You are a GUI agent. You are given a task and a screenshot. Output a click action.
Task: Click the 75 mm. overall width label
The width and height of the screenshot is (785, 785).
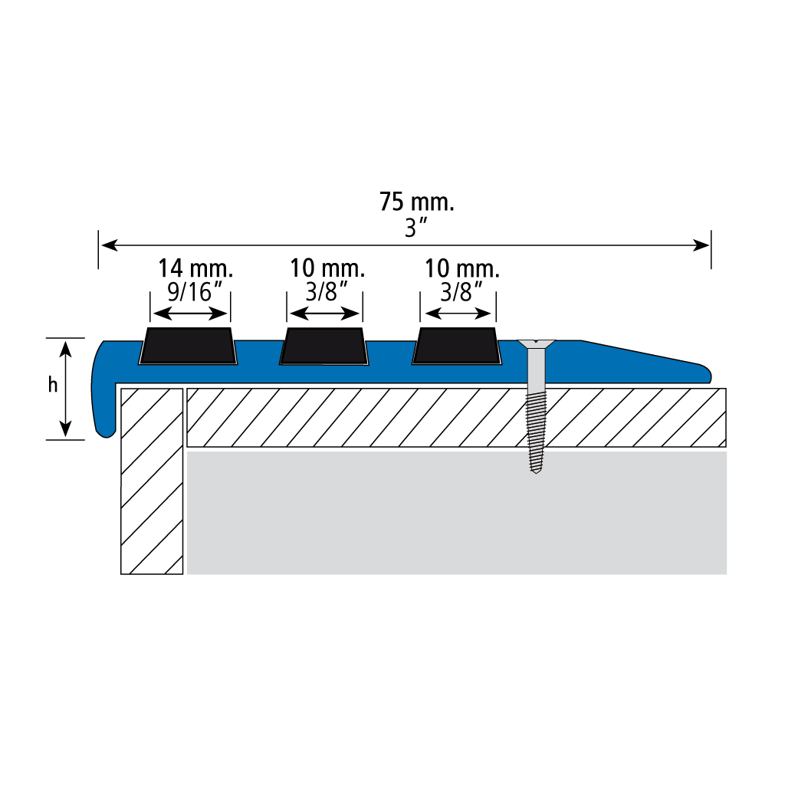coord(418,204)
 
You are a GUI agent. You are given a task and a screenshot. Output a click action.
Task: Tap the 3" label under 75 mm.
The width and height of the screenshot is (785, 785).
coord(417,228)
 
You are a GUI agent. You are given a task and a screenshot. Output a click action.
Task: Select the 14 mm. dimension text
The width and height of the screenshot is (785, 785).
coord(195,270)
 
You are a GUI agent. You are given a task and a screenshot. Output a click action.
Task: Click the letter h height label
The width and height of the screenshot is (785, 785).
coord(53,387)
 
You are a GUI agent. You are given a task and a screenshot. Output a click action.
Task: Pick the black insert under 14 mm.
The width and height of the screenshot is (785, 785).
coord(188,347)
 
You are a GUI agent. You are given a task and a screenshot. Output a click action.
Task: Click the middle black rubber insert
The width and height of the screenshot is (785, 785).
coord(324,347)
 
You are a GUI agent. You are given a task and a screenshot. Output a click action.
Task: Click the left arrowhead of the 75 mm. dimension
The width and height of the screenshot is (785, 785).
coord(104,245)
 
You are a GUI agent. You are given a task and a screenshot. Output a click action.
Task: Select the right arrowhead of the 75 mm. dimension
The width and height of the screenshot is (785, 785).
coord(706,245)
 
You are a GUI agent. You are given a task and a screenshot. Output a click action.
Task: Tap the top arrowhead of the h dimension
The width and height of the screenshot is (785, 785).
coord(67,344)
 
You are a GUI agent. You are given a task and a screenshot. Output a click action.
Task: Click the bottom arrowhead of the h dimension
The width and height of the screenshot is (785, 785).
coord(67,434)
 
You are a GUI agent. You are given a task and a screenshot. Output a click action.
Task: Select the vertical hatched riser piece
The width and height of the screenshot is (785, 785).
coord(153,481)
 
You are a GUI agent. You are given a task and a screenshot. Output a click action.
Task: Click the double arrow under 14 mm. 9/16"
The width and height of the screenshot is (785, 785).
coord(192,313)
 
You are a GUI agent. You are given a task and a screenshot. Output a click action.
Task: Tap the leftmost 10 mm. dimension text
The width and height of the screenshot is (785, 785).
coord(327,270)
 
